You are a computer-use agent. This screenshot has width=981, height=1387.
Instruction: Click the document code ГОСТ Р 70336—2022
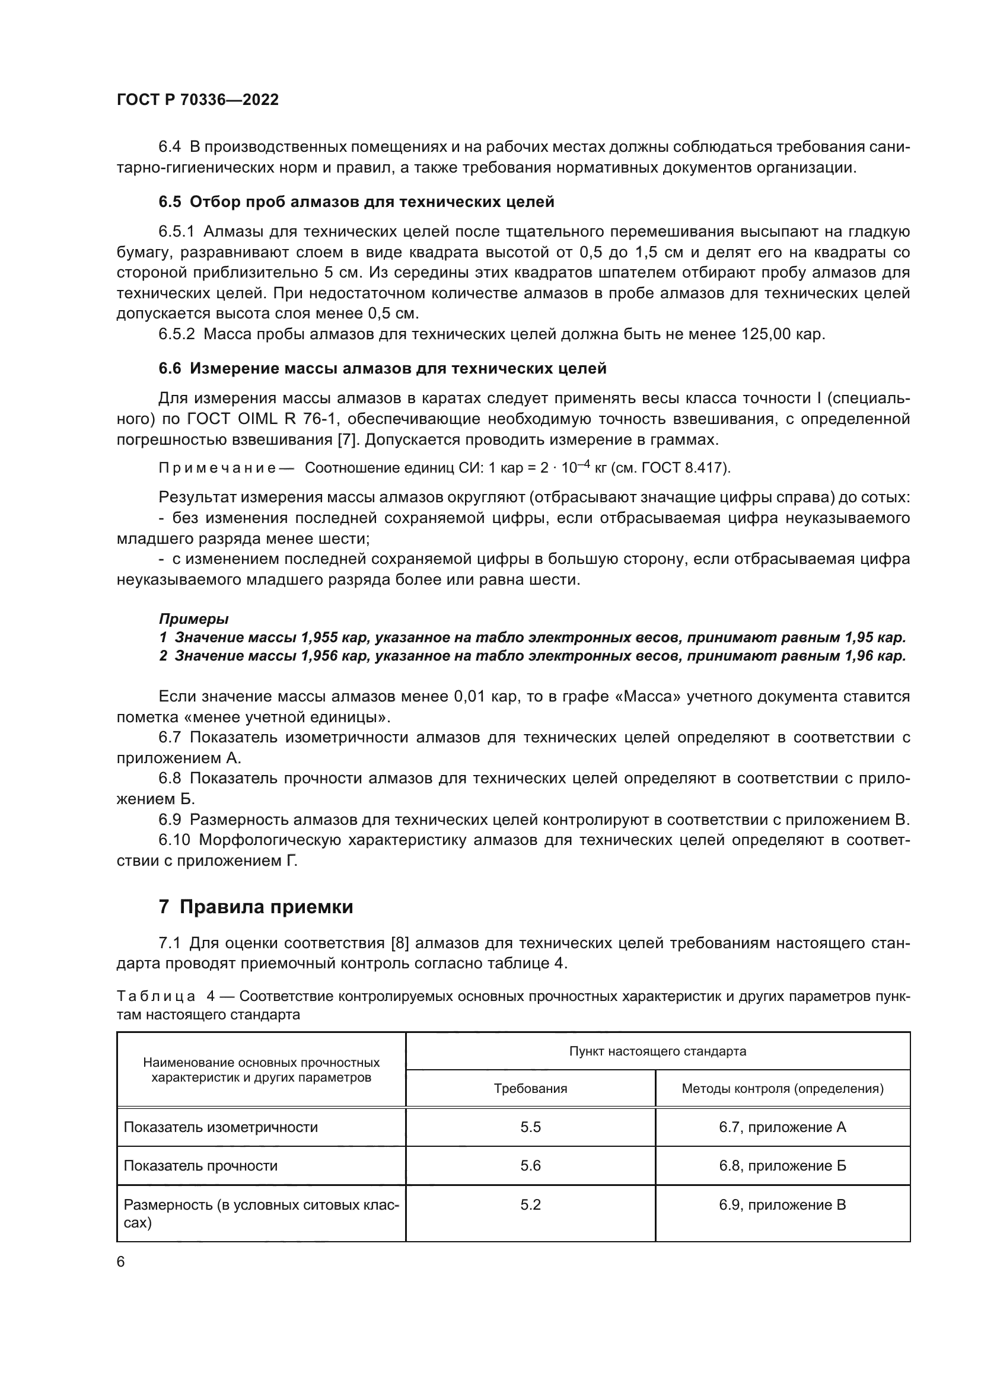(x=198, y=100)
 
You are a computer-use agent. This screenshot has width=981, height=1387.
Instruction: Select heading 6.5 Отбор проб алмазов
(x=356, y=202)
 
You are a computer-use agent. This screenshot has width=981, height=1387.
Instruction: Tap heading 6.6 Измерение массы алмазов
(x=383, y=368)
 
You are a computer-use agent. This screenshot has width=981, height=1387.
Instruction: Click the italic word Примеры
(x=193, y=619)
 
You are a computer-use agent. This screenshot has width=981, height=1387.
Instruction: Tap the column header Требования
(x=530, y=1101)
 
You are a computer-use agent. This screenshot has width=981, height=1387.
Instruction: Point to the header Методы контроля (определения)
(x=782, y=1101)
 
